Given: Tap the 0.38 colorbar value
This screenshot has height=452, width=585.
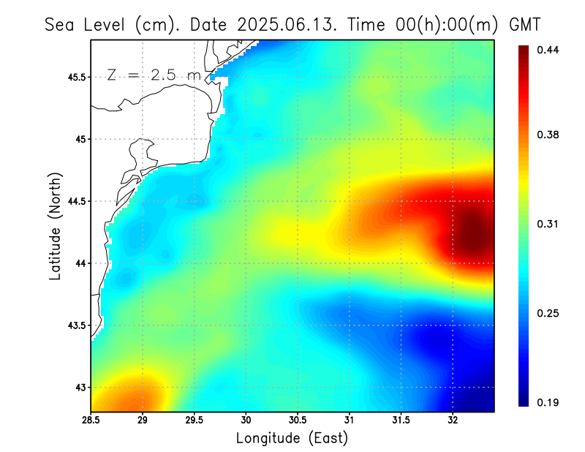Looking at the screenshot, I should pos(548,135).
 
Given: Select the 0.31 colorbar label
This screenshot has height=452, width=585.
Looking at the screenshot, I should pos(548,224).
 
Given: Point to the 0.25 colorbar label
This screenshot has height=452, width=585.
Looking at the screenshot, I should pos(548,313).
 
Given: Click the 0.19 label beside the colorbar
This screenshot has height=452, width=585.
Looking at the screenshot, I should pos(548,402).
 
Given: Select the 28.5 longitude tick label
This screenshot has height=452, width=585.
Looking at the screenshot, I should pos(91,421).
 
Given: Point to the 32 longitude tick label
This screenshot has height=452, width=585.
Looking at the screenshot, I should pos(453,421).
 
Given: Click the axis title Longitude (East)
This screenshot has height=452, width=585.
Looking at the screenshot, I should pos(292,438).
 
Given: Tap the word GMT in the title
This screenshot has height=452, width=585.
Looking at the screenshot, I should pos(524,24).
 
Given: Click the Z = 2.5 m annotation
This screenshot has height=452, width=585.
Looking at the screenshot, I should pos(154,75).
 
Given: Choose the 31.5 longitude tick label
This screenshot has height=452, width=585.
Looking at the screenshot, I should pos(401,421).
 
